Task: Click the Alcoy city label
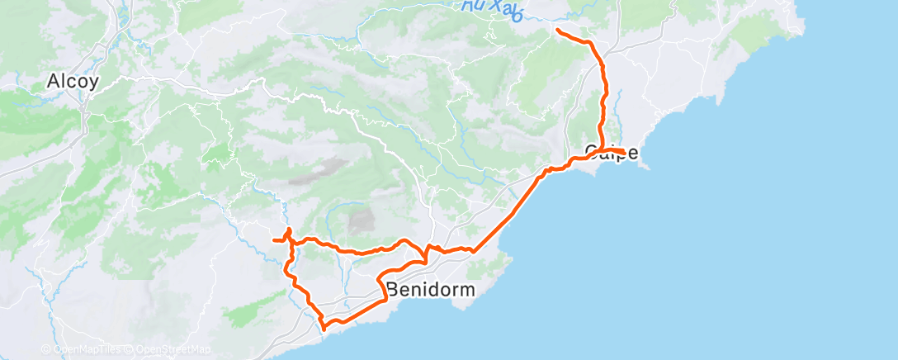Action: pyautogui.click(x=73, y=82)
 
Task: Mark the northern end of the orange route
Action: pyautogui.click(x=559, y=30)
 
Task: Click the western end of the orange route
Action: pyautogui.click(x=273, y=239)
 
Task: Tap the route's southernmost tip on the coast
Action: pyautogui.click(x=324, y=328)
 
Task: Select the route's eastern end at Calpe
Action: pyautogui.click(x=633, y=151)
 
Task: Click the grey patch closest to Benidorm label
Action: pyautogui.click(x=361, y=220)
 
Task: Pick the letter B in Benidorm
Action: pyautogui.click(x=393, y=291)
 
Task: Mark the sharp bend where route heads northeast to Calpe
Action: pyautogui.click(x=473, y=250)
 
